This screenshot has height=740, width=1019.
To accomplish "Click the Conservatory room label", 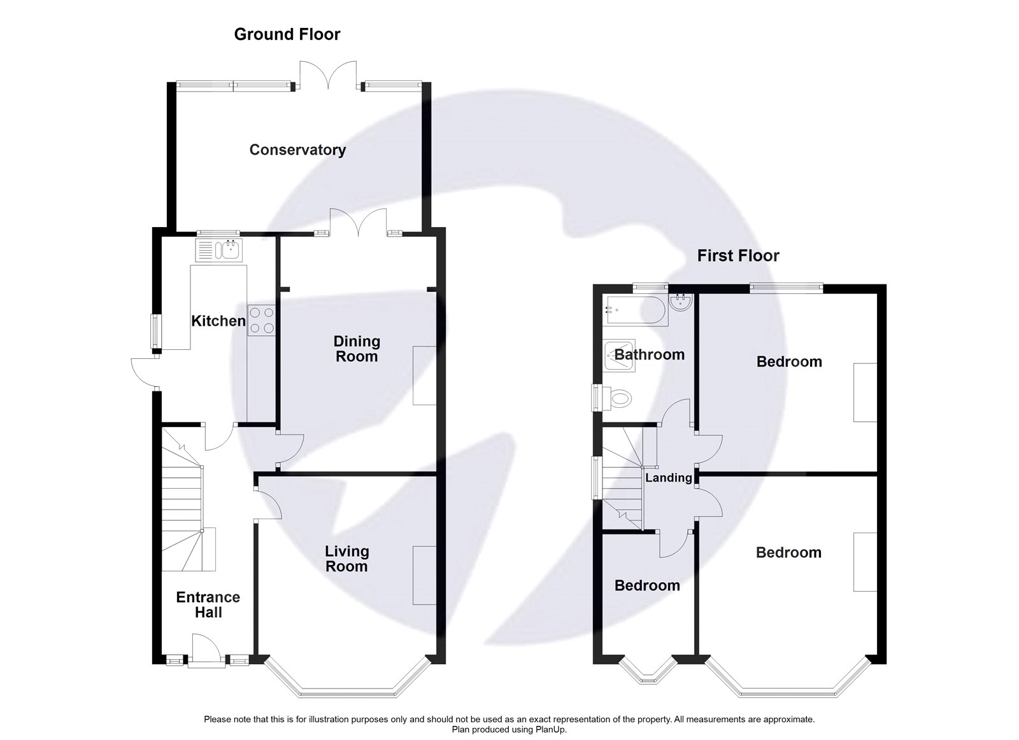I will click(x=297, y=150).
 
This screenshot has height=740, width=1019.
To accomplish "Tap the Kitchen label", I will click(x=218, y=321).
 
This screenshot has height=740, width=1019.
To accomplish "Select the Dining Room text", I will click(x=357, y=349).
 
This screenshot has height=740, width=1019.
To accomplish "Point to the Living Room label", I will click(x=346, y=559).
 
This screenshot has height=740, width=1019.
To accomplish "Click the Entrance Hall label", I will click(x=208, y=605).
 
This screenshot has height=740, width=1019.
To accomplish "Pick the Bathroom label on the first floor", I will click(x=649, y=355).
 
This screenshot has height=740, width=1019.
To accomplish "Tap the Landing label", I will click(x=669, y=478).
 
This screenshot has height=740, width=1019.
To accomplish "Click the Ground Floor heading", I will click(x=287, y=34).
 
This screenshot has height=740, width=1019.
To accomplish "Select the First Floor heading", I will click(x=738, y=256).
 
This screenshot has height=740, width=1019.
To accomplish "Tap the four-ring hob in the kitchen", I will click(x=261, y=320).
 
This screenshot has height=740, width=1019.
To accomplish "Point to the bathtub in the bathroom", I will click(x=636, y=311).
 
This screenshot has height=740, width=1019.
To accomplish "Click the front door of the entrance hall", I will click(x=206, y=652).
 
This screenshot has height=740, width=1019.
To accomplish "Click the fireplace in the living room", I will click(x=424, y=575).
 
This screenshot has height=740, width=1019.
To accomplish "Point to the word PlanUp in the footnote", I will click(x=552, y=729).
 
